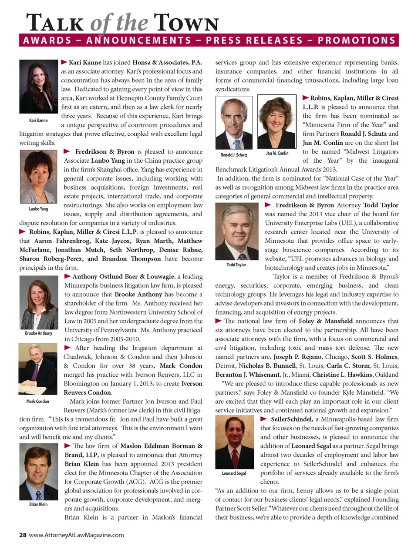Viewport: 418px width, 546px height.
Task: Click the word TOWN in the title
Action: point(186,23)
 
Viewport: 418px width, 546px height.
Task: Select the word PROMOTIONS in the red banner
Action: point(356,40)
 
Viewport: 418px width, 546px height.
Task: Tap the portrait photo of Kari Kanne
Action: point(38,87)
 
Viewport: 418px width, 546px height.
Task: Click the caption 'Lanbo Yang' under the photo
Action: point(38,209)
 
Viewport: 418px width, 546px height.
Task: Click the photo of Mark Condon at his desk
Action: point(38,369)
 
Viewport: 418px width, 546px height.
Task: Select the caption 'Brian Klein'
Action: point(38,504)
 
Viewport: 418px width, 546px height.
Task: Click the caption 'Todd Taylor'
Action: point(236,265)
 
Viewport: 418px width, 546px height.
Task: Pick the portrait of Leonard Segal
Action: point(235,442)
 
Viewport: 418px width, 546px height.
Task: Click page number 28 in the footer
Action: point(23,535)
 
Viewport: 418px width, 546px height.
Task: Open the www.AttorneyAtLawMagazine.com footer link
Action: point(76,535)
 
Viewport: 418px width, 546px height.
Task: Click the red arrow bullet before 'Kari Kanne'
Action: point(64,62)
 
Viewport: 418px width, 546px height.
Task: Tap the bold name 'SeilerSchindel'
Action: point(291,419)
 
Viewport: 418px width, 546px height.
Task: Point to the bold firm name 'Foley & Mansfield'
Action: point(326,321)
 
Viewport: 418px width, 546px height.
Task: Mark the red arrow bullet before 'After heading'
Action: point(67,348)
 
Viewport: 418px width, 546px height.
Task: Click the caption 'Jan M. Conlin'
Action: point(277,153)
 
